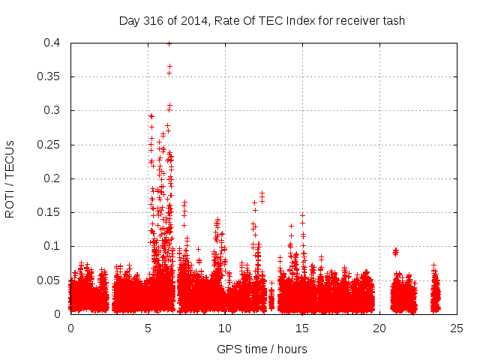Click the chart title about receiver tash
262,21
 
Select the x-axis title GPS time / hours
262,349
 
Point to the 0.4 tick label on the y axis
52,43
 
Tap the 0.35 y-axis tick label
49,77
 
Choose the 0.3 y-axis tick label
52,111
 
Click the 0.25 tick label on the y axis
49,145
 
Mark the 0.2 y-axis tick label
52,178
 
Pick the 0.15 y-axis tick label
49,212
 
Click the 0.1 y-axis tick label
52,246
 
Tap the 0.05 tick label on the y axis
49,280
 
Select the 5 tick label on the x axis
148,328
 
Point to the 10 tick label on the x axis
226,328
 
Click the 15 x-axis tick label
303,328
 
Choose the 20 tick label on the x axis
380,328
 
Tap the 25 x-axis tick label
457,328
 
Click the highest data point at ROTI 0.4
169,43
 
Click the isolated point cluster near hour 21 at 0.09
395,251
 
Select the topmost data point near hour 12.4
262,193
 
